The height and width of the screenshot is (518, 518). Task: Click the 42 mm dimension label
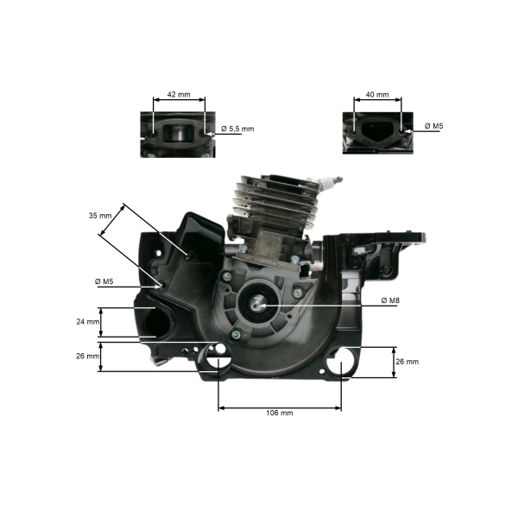tap(179, 94)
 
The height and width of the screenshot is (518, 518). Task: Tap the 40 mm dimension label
tap(377, 94)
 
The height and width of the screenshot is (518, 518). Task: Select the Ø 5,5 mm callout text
tap(237, 129)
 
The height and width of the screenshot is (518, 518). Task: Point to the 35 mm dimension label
tap(100, 216)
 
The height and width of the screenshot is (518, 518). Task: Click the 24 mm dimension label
tap(88, 321)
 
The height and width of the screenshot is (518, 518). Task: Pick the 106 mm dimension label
tap(280, 413)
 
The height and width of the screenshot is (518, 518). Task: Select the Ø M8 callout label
tap(390, 300)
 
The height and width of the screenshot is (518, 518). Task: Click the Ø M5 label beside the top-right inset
tap(433, 126)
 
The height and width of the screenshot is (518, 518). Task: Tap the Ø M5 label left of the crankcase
tap(104, 281)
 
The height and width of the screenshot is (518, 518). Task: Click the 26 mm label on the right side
tap(407, 362)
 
